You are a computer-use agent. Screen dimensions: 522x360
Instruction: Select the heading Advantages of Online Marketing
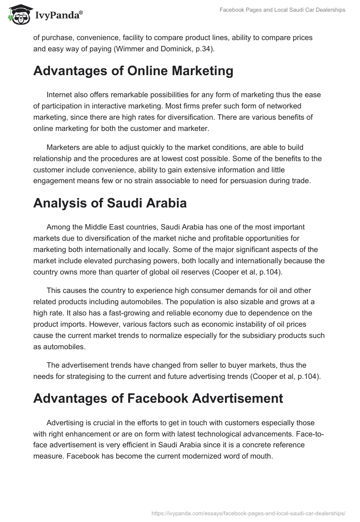point(133,71)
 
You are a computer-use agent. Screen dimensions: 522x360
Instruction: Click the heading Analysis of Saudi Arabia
point(110,202)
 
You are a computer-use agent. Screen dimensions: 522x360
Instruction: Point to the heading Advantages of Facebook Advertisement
point(158,398)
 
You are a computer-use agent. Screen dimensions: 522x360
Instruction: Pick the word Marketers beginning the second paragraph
point(63,147)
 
